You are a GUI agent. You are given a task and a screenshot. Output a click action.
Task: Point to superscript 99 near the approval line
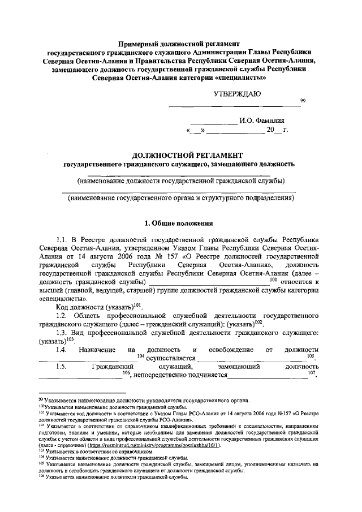pyautogui.click(x=303, y=101)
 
